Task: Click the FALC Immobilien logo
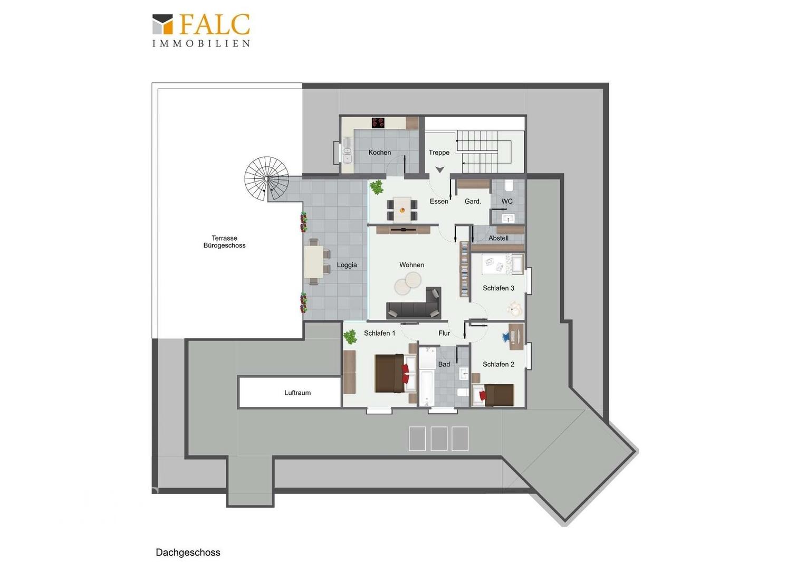click(201, 31)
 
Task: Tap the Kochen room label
click(380, 153)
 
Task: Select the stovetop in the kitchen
click(378, 123)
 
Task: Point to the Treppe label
click(439, 153)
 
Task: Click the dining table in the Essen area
click(402, 209)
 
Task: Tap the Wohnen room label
click(411, 265)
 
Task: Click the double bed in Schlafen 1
click(395, 373)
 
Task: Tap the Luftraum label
click(298, 393)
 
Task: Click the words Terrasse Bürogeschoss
click(225, 242)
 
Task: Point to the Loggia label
click(347, 265)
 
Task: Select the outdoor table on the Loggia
click(314, 261)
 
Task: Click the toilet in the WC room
click(509, 186)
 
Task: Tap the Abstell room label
click(498, 239)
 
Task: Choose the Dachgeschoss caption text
click(188, 553)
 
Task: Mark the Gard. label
click(473, 202)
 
